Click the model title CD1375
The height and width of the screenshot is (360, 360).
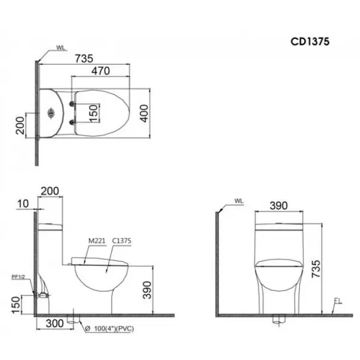tap(310, 41)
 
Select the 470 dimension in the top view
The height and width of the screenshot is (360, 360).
tap(101, 71)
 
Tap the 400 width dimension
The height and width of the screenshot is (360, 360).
tap(144, 113)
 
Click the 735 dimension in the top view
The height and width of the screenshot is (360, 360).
tap(84, 59)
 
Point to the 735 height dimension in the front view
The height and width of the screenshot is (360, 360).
tap(316, 269)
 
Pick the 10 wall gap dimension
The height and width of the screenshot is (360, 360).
tap(23, 203)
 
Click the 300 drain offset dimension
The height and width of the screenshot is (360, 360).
tap(55, 323)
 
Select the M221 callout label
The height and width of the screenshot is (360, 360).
tap(97, 241)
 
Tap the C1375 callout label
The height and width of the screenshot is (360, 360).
tap(122, 241)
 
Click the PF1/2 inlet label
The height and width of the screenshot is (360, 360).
tap(18, 277)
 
